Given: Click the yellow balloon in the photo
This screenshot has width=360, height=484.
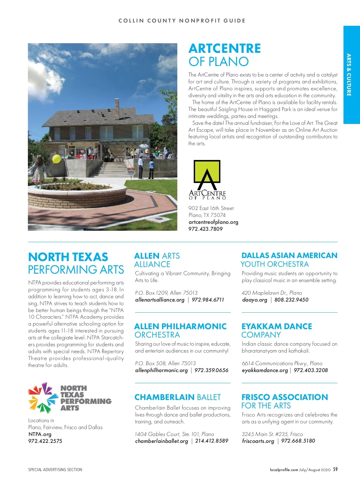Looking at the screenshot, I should (56, 159).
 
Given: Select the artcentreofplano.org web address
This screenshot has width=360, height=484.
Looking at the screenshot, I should (213, 222).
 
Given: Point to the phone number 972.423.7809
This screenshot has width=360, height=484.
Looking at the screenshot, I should (205, 229).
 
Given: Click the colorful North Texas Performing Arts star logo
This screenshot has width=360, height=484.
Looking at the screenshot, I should (43, 398).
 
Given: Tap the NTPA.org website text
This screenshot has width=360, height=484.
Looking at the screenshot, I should (40, 434).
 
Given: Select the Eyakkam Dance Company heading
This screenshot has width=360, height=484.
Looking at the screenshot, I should (277, 330).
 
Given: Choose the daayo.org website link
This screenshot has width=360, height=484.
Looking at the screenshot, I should (254, 300).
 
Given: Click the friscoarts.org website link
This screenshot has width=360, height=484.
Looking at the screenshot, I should (258, 441).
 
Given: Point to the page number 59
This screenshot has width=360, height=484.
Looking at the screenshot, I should (335, 469).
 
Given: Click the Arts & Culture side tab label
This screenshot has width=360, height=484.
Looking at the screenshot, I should (349, 75).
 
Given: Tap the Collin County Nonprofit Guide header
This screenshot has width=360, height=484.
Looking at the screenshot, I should (182, 21).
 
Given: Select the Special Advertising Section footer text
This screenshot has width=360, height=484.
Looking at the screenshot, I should (55, 470).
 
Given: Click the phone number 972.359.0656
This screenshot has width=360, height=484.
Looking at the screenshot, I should (211, 370).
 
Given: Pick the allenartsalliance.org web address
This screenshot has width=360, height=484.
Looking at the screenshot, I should (160, 300).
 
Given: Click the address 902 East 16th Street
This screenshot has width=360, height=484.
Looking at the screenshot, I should (211, 208).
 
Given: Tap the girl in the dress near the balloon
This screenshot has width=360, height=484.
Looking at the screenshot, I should (38, 173).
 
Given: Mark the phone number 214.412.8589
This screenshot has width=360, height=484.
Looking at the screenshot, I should (211, 441).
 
